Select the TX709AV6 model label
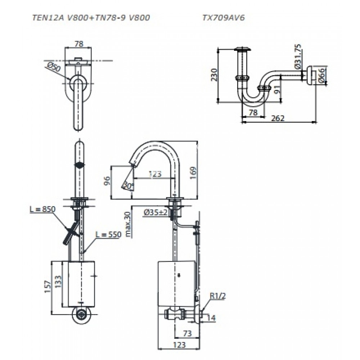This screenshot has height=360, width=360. click(x=224, y=18)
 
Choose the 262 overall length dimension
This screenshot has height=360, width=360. click(x=278, y=118)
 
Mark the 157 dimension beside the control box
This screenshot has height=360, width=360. click(x=47, y=287)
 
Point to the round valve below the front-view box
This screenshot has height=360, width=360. click(x=81, y=314)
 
